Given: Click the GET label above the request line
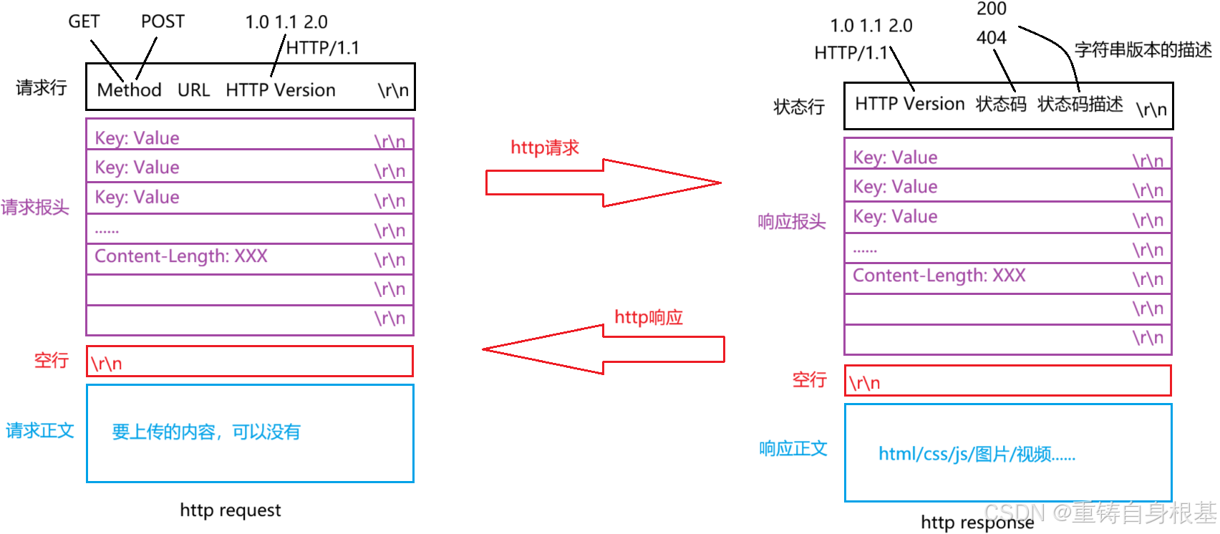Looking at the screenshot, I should tap(84, 21).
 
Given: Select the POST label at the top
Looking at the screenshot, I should tap(163, 21).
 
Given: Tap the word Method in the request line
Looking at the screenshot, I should tap(129, 90).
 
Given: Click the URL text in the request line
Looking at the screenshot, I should tap(193, 90).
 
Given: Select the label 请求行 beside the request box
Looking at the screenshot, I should tap(42, 87).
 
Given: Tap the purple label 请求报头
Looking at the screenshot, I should tap(35, 208).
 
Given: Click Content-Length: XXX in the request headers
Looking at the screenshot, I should tap(181, 256).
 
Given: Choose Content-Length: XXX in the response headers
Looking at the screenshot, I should tap(939, 276).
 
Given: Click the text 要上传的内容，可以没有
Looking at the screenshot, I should tap(206, 432).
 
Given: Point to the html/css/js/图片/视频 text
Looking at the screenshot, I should tap(977, 454).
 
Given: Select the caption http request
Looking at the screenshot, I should tap(230, 510).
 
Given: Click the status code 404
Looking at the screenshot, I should tap(991, 37).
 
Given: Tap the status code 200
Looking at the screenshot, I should tap(991, 9).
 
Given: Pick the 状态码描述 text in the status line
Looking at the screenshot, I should tap(1080, 105).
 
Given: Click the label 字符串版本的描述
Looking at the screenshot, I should tap(1143, 50).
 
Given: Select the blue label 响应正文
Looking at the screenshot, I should tap(793, 449).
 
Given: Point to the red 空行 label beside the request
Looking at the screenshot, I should tap(52, 360).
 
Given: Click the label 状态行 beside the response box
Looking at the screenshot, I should tap(799, 107).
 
